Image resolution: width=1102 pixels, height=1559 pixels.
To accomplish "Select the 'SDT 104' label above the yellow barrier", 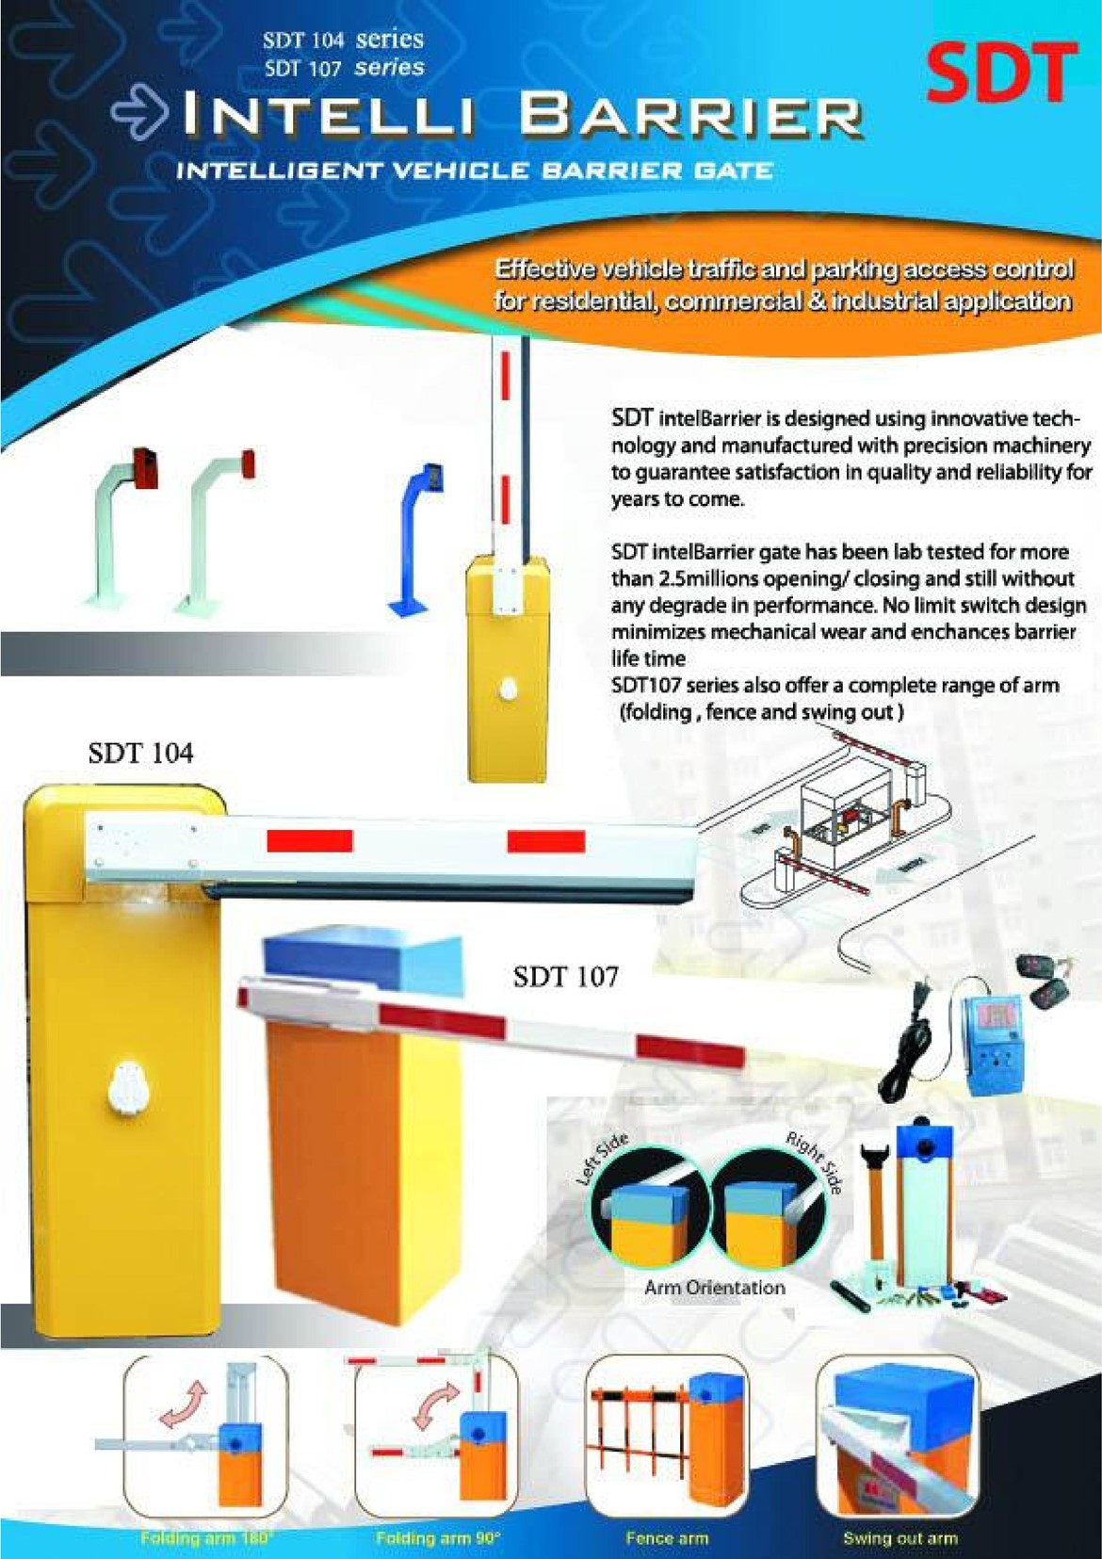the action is tap(141, 754).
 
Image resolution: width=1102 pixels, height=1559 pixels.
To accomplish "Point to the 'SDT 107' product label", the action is tap(566, 977).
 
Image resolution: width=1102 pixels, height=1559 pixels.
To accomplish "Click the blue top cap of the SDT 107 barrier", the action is tap(363, 971).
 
